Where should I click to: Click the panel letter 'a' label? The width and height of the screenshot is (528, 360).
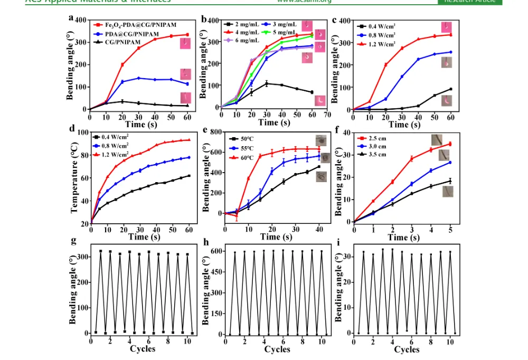[71, 17]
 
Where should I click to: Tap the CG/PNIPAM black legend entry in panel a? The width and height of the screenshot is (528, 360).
[119, 40]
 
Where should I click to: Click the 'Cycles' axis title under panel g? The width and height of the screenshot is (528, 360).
[143, 349]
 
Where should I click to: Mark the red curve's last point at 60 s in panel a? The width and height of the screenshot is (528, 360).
[187, 35]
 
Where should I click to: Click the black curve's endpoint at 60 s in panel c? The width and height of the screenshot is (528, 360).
[450, 89]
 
